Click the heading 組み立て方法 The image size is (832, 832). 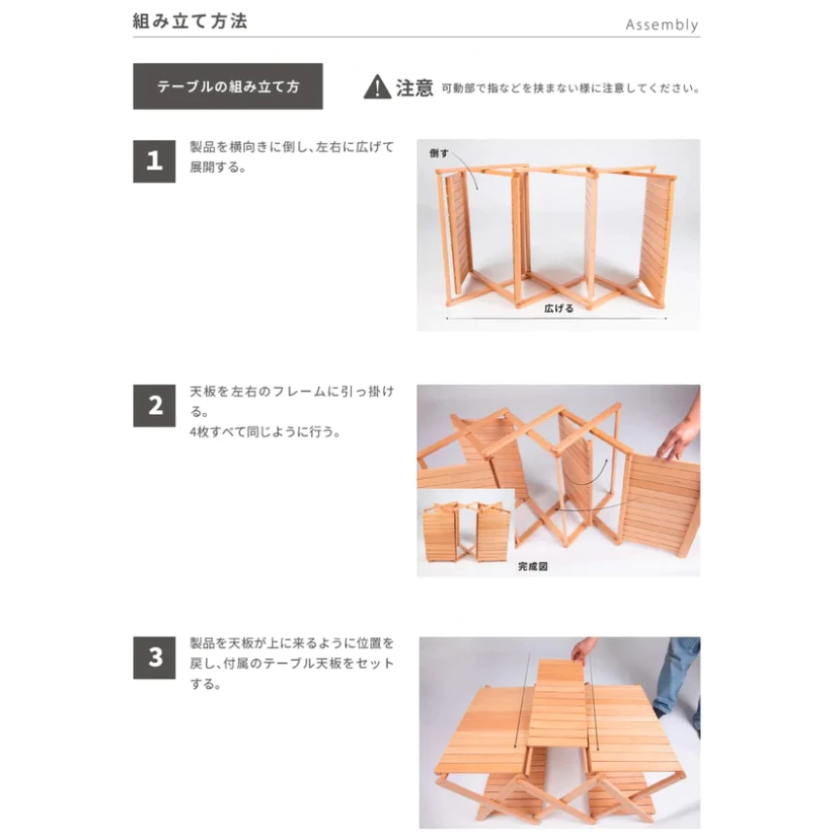point(190,20)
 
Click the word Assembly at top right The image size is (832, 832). point(661,24)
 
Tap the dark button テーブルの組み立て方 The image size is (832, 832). point(227,87)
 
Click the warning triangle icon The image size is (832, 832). point(377,87)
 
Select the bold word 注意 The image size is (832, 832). point(415,87)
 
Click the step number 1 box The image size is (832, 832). point(155,160)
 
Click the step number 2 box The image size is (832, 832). point(155,405)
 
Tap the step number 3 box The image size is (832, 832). point(155,658)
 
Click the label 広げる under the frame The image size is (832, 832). point(558,308)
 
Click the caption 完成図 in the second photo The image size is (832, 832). point(532,565)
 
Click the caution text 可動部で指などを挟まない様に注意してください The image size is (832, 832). point(570,87)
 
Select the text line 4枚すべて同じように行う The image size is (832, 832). point(265,432)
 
